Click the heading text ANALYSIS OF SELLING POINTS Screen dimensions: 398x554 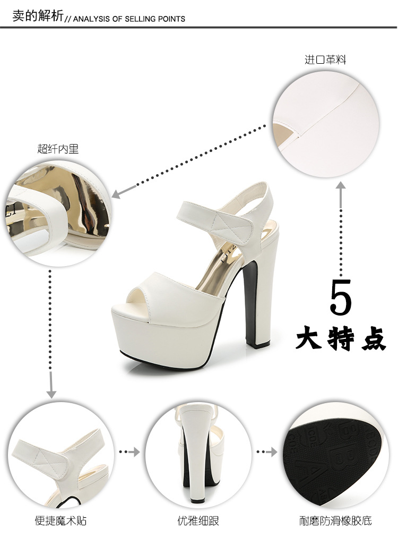pyautogui.click(x=129, y=19)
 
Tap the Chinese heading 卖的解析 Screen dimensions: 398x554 pyautogui.click(x=38, y=16)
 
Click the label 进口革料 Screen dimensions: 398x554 pyautogui.click(x=325, y=59)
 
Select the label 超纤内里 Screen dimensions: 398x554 pyautogui.click(x=58, y=149)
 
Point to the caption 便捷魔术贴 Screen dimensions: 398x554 pyautogui.click(x=60, y=521)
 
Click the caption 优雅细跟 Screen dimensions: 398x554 pyautogui.click(x=198, y=521)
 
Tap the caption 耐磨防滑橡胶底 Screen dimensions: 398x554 pyautogui.click(x=335, y=521)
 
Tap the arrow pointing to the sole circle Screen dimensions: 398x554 pyautogui.click(x=267, y=452)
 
